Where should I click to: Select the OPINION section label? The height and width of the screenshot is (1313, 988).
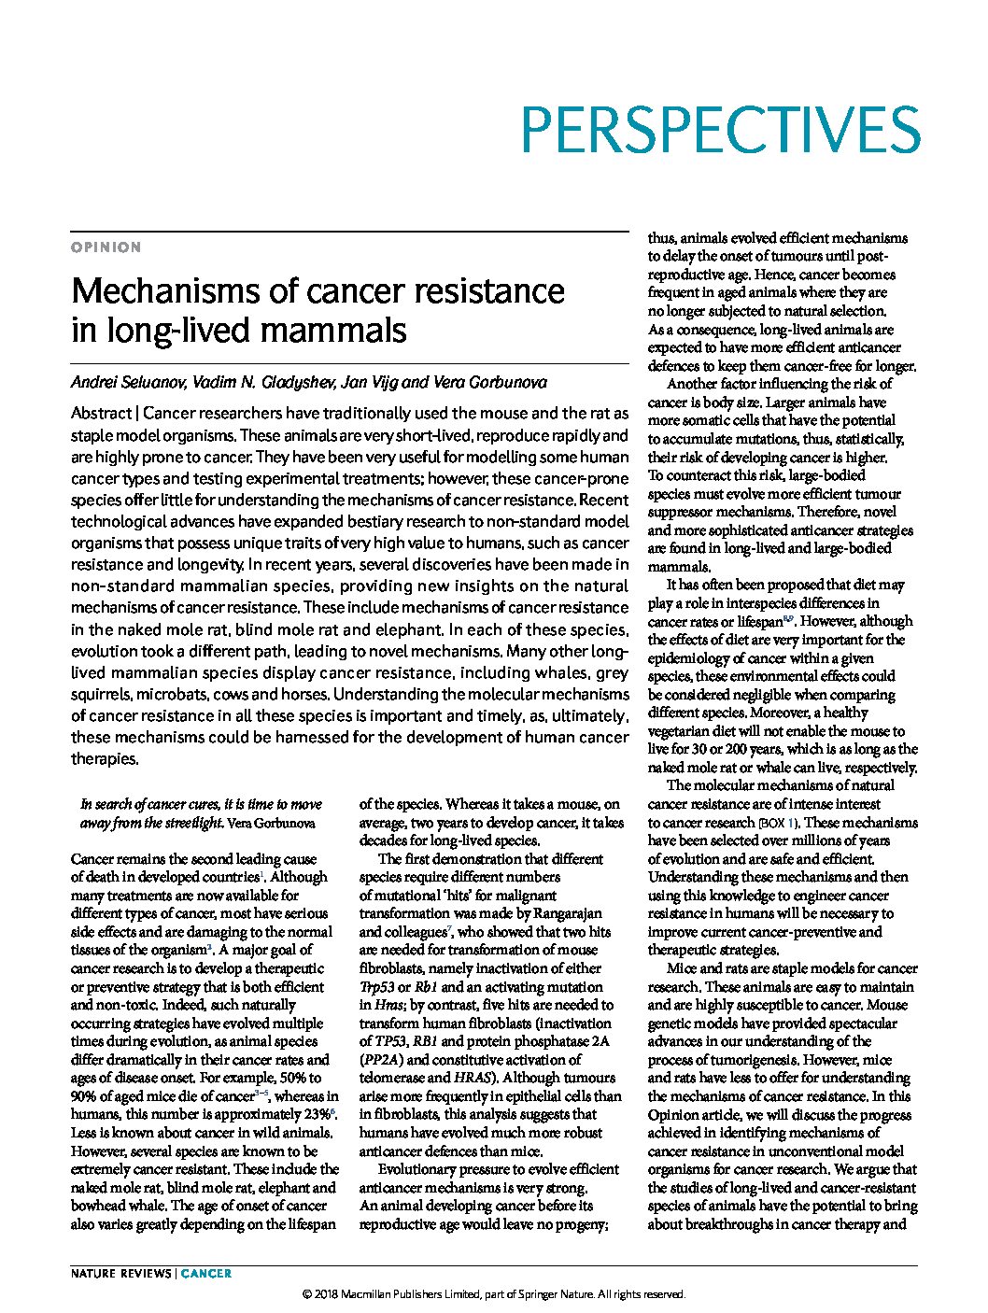click(x=106, y=247)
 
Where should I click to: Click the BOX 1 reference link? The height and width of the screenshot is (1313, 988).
click(x=778, y=823)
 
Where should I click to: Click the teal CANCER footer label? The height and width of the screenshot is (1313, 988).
click(x=206, y=1273)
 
